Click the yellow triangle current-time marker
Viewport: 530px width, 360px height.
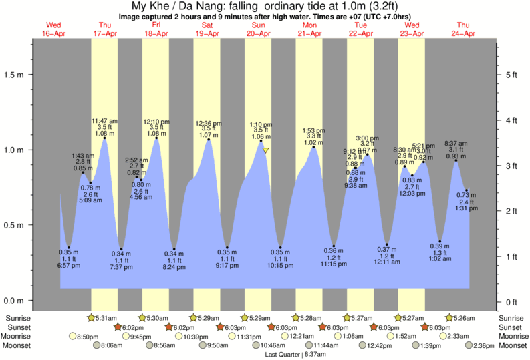265,150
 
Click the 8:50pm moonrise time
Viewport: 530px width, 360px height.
89,337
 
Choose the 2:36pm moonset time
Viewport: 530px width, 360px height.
482,345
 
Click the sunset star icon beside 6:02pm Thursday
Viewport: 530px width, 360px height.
118,327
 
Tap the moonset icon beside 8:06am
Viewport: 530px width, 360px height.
97,345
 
